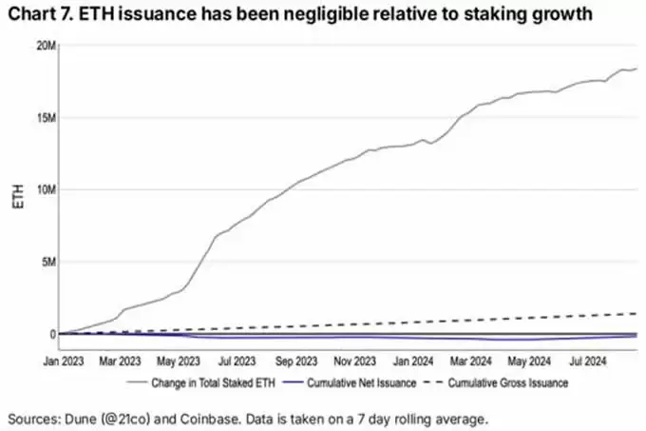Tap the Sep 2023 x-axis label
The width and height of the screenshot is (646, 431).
click(297, 362)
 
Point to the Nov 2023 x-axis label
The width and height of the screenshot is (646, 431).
click(356, 362)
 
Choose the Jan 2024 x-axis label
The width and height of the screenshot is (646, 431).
click(413, 362)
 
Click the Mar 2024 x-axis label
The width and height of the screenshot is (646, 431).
click(470, 362)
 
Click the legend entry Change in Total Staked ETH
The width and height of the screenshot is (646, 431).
click(213, 382)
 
